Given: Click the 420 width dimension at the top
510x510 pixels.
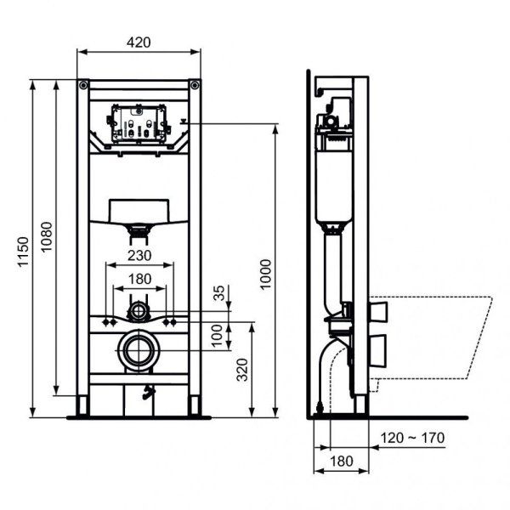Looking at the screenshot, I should click(x=139, y=42).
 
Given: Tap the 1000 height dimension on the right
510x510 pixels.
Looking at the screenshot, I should click(x=266, y=271).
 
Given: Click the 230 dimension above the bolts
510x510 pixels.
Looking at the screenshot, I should click(x=139, y=254).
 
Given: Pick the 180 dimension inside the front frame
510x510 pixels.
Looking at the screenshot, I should click(x=139, y=278).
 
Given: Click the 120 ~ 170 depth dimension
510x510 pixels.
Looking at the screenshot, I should click(x=413, y=438).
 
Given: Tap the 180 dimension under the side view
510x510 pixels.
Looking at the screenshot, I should click(x=340, y=461).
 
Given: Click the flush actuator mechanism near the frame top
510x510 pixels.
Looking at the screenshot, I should click(x=139, y=126).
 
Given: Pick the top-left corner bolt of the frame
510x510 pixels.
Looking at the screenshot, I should click(x=82, y=86).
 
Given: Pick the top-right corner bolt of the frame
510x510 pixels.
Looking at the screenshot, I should click(x=195, y=86).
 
